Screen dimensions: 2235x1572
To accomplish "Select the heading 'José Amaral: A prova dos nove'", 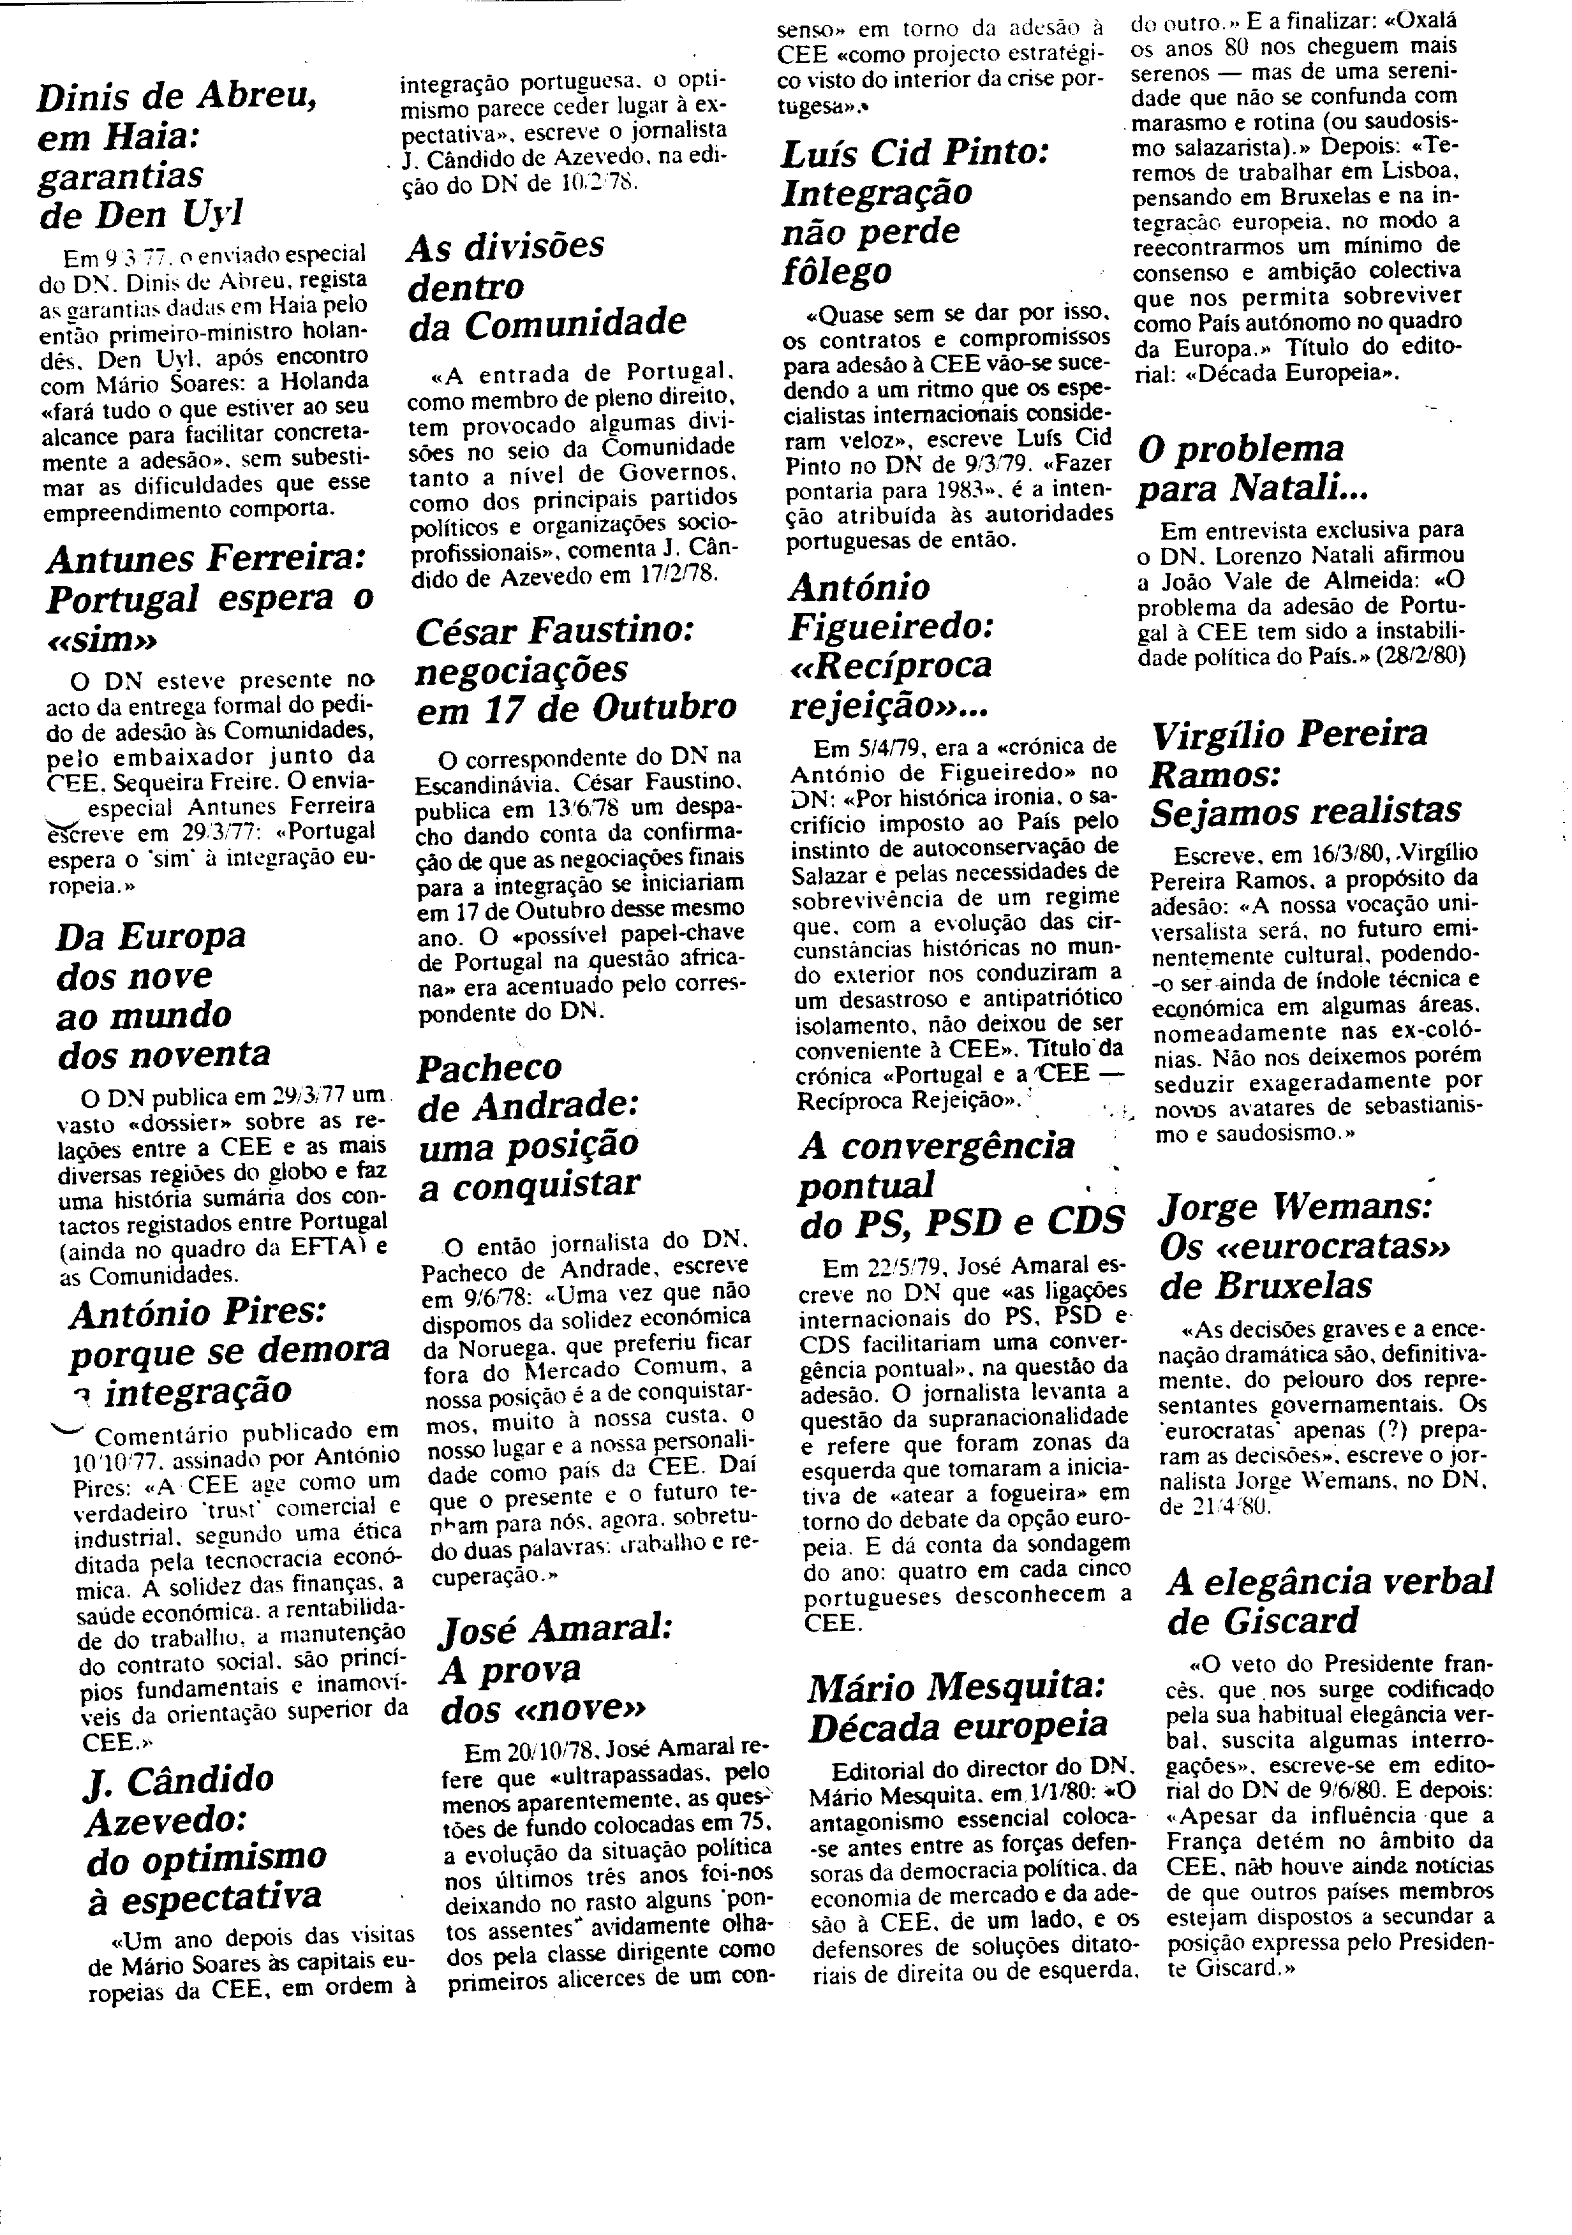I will [556, 1669].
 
